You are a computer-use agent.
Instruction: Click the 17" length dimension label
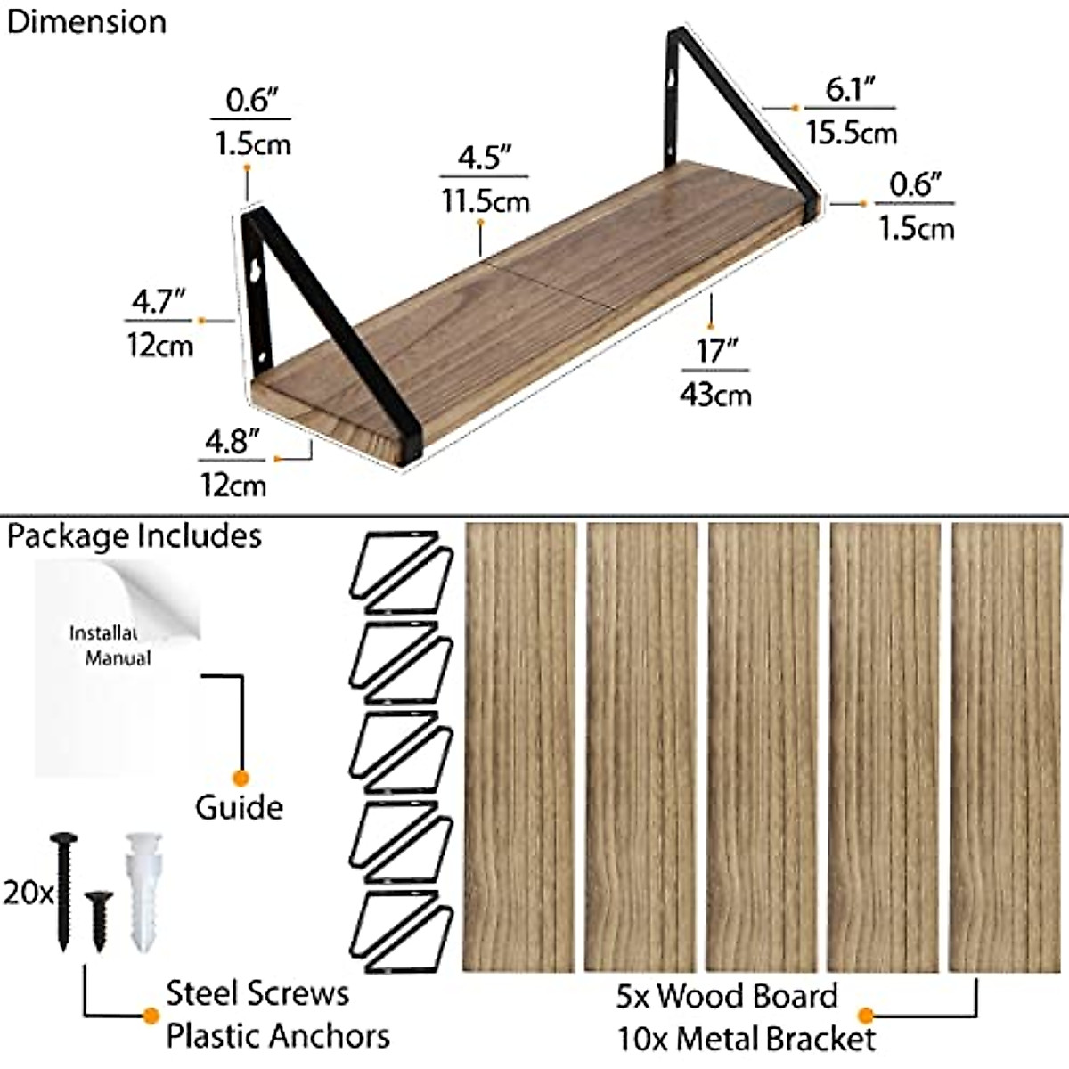click(x=712, y=351)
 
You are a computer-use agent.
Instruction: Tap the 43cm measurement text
click(x=714, y=394)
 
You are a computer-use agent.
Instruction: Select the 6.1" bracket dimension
click(x=849, y=90)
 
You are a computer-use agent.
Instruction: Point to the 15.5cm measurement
click(x=851, y=133)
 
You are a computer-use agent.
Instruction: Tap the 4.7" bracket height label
click(x=158, y=303)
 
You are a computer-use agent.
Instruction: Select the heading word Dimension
click(x=86, y=21)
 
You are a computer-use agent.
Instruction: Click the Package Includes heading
click(x=135, y=536)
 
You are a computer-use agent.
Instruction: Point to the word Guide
click(x=239, y=807)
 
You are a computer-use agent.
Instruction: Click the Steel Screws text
click(x=257, y=994)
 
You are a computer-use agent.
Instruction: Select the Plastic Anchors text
click(x=278, y=1036)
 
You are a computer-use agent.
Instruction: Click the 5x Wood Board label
click(x=727, y=996)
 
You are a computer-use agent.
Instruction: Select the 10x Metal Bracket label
click(x=747, y=1039)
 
